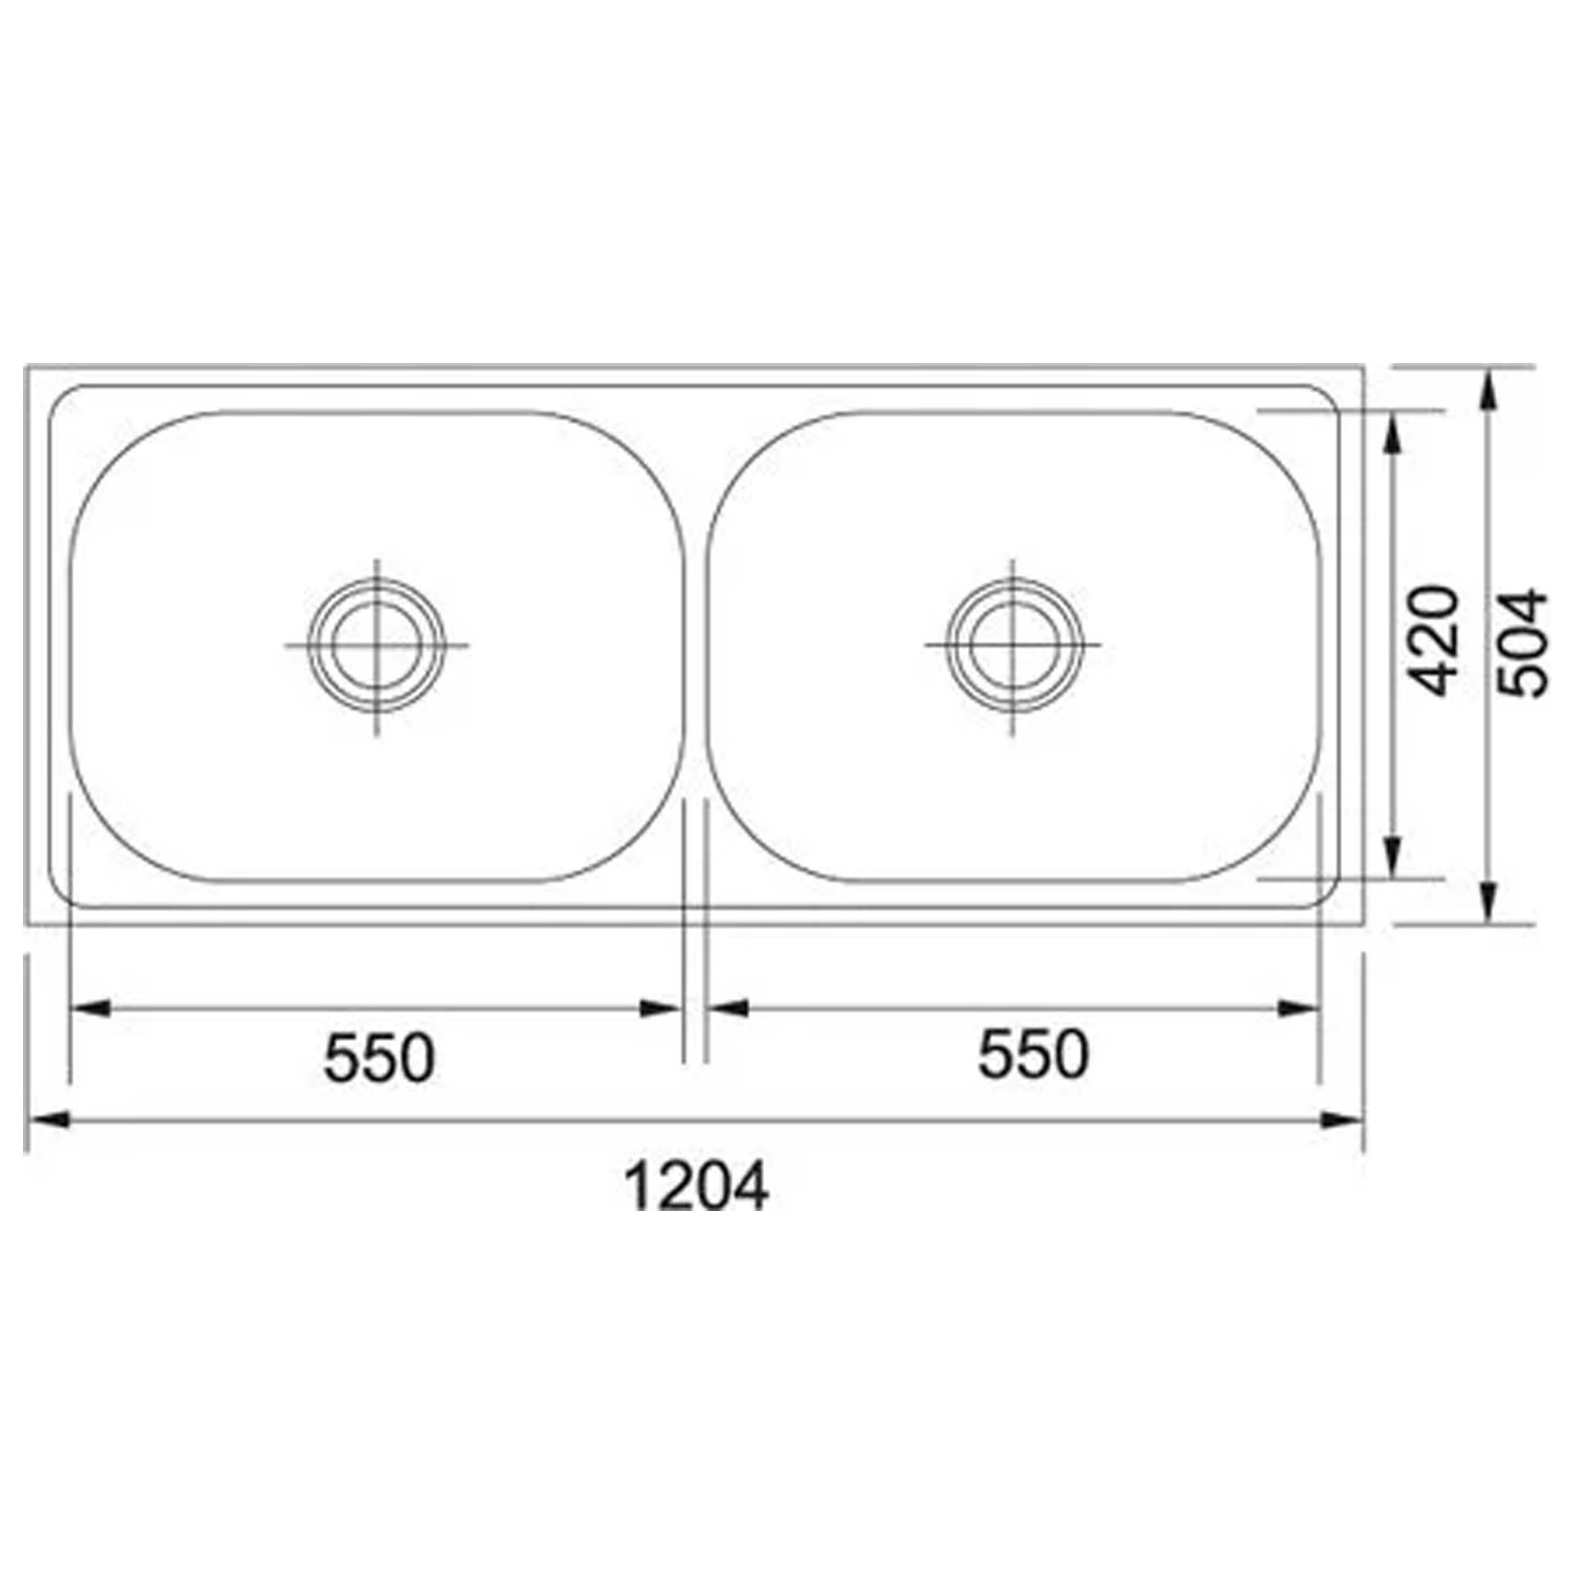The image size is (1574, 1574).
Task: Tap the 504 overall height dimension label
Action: coord(1522,644)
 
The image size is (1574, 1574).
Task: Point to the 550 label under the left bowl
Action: coord(379,1058)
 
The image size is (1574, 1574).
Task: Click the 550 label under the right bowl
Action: coord(1033,1056)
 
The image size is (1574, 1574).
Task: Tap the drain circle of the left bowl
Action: coord(377,645)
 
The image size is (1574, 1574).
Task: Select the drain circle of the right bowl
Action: coord(1012,645)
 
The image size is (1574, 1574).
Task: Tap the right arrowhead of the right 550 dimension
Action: coord(1299,1008)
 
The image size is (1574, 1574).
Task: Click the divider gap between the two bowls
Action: coord(695,648)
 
